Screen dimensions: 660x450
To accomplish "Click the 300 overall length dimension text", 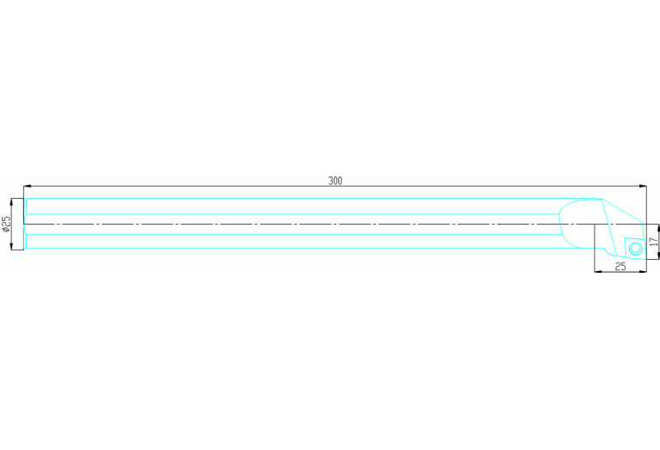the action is pos(335,181).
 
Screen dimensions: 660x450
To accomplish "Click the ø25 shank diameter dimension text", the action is pos(6,225).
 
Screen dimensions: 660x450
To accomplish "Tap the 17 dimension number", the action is pos(653,242).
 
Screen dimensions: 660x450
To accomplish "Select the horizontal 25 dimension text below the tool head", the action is pos(620,267).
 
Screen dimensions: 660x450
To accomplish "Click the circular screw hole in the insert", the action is pos(635,249).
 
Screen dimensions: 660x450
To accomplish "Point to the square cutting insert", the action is pos(635,249).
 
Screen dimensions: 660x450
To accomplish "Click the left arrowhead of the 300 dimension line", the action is pos(28,186).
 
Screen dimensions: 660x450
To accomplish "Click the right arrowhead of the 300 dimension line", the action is pos(642,186).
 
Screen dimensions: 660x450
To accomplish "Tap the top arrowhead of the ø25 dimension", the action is pos(11,202).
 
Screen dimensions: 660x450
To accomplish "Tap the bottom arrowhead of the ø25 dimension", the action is pos(11,245).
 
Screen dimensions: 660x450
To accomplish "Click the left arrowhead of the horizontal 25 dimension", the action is pos(599,272).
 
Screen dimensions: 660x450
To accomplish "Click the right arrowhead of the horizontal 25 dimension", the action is pos(642,272).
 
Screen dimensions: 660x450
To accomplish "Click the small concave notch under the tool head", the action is pos(608,253).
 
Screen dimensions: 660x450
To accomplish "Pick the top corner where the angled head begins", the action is pos(601,199).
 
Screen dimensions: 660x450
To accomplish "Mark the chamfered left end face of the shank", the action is pos(25,224).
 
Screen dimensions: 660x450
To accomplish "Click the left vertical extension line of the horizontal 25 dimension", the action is pos(595,248).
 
